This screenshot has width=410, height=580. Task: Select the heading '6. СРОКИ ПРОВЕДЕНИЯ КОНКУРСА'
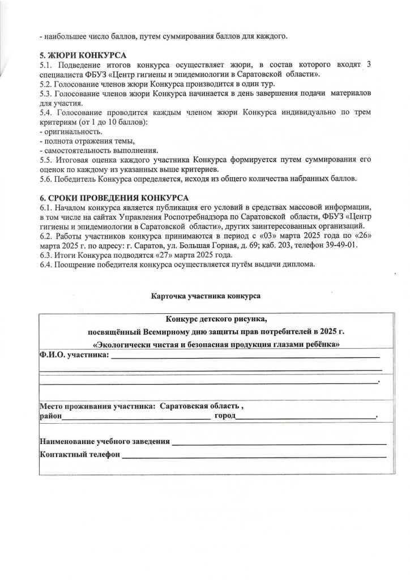tap(114, 198)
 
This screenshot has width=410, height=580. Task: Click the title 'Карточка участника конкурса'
tap(206, 296)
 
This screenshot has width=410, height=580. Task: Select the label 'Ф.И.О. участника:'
tap(72, 356)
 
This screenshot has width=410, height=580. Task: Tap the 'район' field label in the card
tap(50, 417)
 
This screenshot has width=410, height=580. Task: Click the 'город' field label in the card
tap(224, 417)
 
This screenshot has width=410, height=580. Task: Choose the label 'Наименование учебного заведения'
tap(104, 441)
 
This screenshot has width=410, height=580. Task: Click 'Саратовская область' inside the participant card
tap(200, 407)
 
